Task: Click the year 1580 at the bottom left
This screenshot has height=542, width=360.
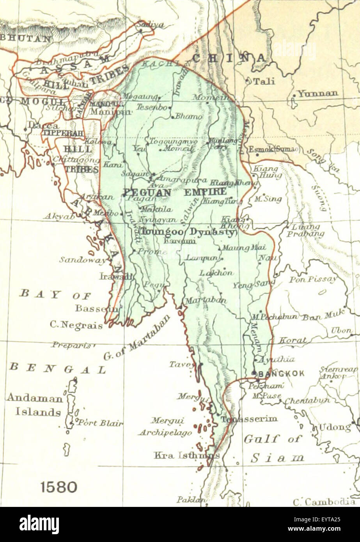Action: (x=59, y=487)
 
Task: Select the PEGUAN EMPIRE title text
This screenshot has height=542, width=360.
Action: (x=174, y=192)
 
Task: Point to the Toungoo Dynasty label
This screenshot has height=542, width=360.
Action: (x=188, y=232)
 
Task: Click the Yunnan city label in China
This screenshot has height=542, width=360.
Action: (x=318, y=94)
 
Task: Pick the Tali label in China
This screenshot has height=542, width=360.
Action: (x=264, y=81)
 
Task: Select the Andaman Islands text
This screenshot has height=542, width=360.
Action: (x=34, y=405)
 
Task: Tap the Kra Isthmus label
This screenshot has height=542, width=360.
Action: (x=186, y=455)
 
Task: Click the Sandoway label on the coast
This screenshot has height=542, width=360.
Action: (x=82, y=260)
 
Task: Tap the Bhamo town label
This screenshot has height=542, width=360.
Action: (x=189, y=116)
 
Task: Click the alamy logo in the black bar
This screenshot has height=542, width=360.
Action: (x=39, y=524)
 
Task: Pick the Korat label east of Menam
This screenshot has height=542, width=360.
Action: (x=293, y=340)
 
